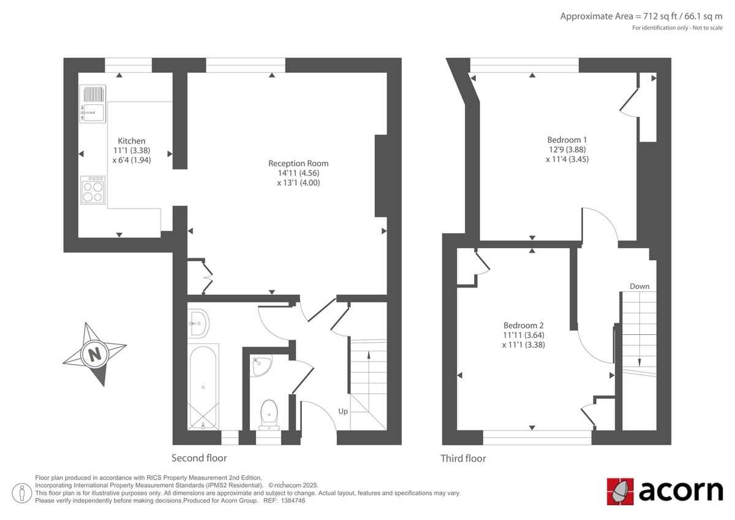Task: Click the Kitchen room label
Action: [132, 141]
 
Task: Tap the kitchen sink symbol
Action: [92, 103]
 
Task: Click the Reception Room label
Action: [298, 163]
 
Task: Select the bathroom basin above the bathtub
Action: [199, 322]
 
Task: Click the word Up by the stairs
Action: [343, 411]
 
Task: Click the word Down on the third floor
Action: [639, 286]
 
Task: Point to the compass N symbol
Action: [94, 354]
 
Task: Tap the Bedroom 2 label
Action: [524, 325]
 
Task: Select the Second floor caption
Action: [199, 458]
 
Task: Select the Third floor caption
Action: [463, 458]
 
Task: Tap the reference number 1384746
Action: [293, 500]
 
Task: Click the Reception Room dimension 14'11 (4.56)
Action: [298, 173]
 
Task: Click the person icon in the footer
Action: [23, 492]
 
